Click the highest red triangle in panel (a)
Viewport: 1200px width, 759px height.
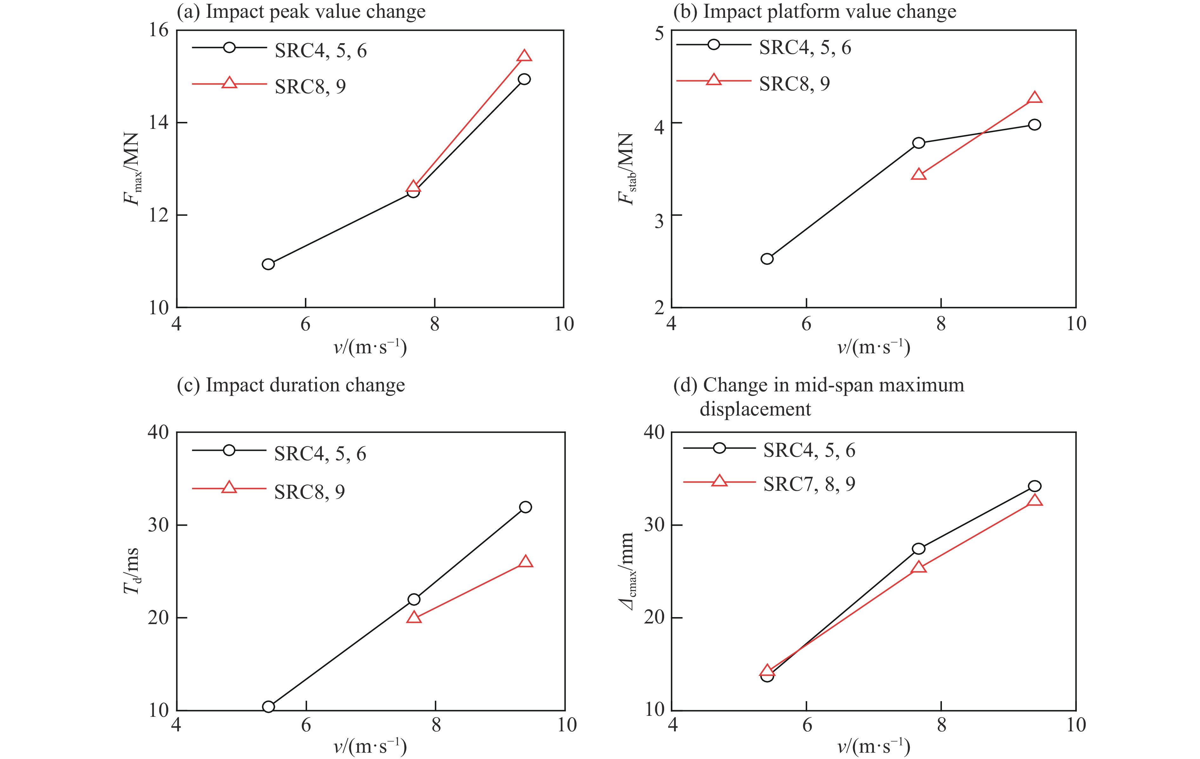tap(524, 56)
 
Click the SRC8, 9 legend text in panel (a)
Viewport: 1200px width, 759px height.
tap(310, 86)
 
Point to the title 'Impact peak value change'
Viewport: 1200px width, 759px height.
tap(316, 11)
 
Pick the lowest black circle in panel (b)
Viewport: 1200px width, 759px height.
tap(767, 259)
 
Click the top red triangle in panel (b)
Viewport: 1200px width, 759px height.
tap(1035, 97)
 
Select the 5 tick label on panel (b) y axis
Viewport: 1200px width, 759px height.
tap(659, 34)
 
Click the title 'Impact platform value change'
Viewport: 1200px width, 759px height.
tap(829, 11)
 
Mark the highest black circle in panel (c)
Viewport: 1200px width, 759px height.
tap(525, 507)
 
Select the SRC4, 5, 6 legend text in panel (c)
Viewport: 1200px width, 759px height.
tap(320, 454)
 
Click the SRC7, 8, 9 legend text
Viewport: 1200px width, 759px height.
tap(809, 483)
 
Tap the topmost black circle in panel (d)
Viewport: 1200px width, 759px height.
tap(1035, 486)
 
